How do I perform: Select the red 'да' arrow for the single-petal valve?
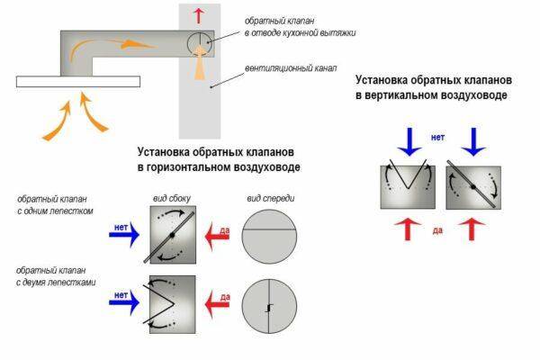tap(220, 237)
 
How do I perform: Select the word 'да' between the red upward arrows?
tap(437, 230)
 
